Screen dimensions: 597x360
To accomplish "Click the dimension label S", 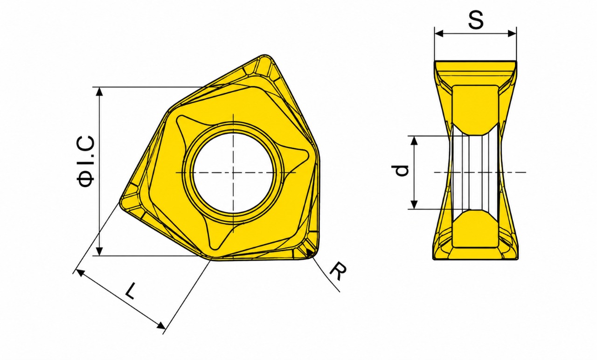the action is coord(476,20).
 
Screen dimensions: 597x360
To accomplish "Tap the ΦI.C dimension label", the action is coord(86,161).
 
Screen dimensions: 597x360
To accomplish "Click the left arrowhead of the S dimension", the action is coord(438,34).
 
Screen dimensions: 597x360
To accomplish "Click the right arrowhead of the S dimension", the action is coord(513,34).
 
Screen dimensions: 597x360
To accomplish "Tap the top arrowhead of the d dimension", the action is coord(414,140).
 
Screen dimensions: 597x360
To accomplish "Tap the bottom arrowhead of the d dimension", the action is coord(414,205).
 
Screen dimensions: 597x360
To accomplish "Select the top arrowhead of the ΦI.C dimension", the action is coord(99,91).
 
